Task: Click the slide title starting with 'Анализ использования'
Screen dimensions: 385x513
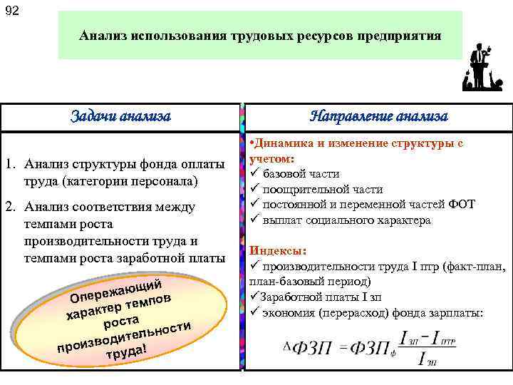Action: pyautogui.click(x=260, y=34)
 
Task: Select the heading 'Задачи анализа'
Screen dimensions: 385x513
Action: pyautogui.click(x=121, y=116)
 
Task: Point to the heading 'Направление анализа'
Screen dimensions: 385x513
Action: pyautogui.click(x=378, y=116)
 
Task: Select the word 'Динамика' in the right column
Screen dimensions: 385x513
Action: pyautogui.click(x=279, y=143)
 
